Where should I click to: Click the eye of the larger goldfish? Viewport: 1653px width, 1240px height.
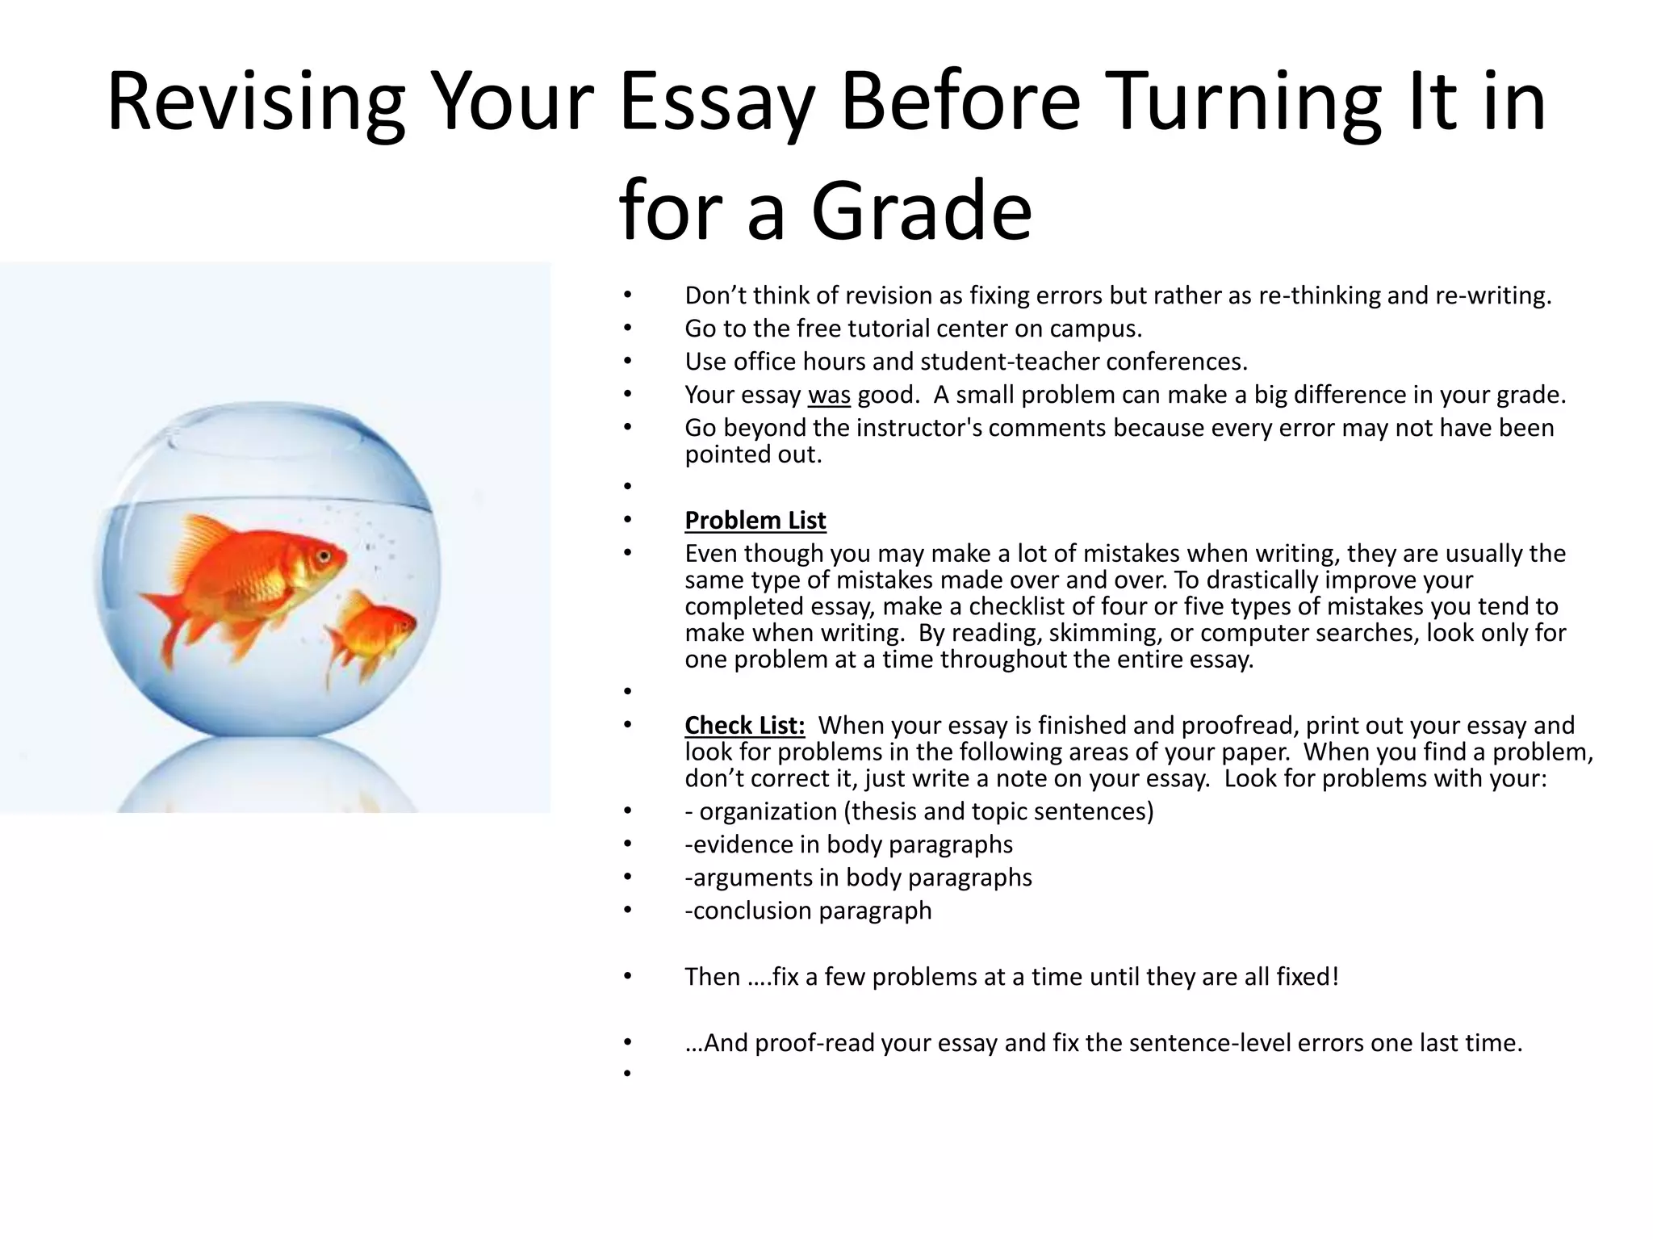tap(324, 555)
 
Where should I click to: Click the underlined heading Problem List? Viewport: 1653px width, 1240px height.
tap(755, 521)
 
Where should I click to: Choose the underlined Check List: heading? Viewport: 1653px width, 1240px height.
tap(744, 726)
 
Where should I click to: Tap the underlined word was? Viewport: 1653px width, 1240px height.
tap(829, 395)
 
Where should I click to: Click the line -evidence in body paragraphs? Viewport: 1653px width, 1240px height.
tap(848, 844)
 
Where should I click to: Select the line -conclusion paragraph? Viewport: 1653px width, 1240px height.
tap(808, 911)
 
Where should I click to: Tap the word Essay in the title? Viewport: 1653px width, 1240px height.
tap(716, 103)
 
